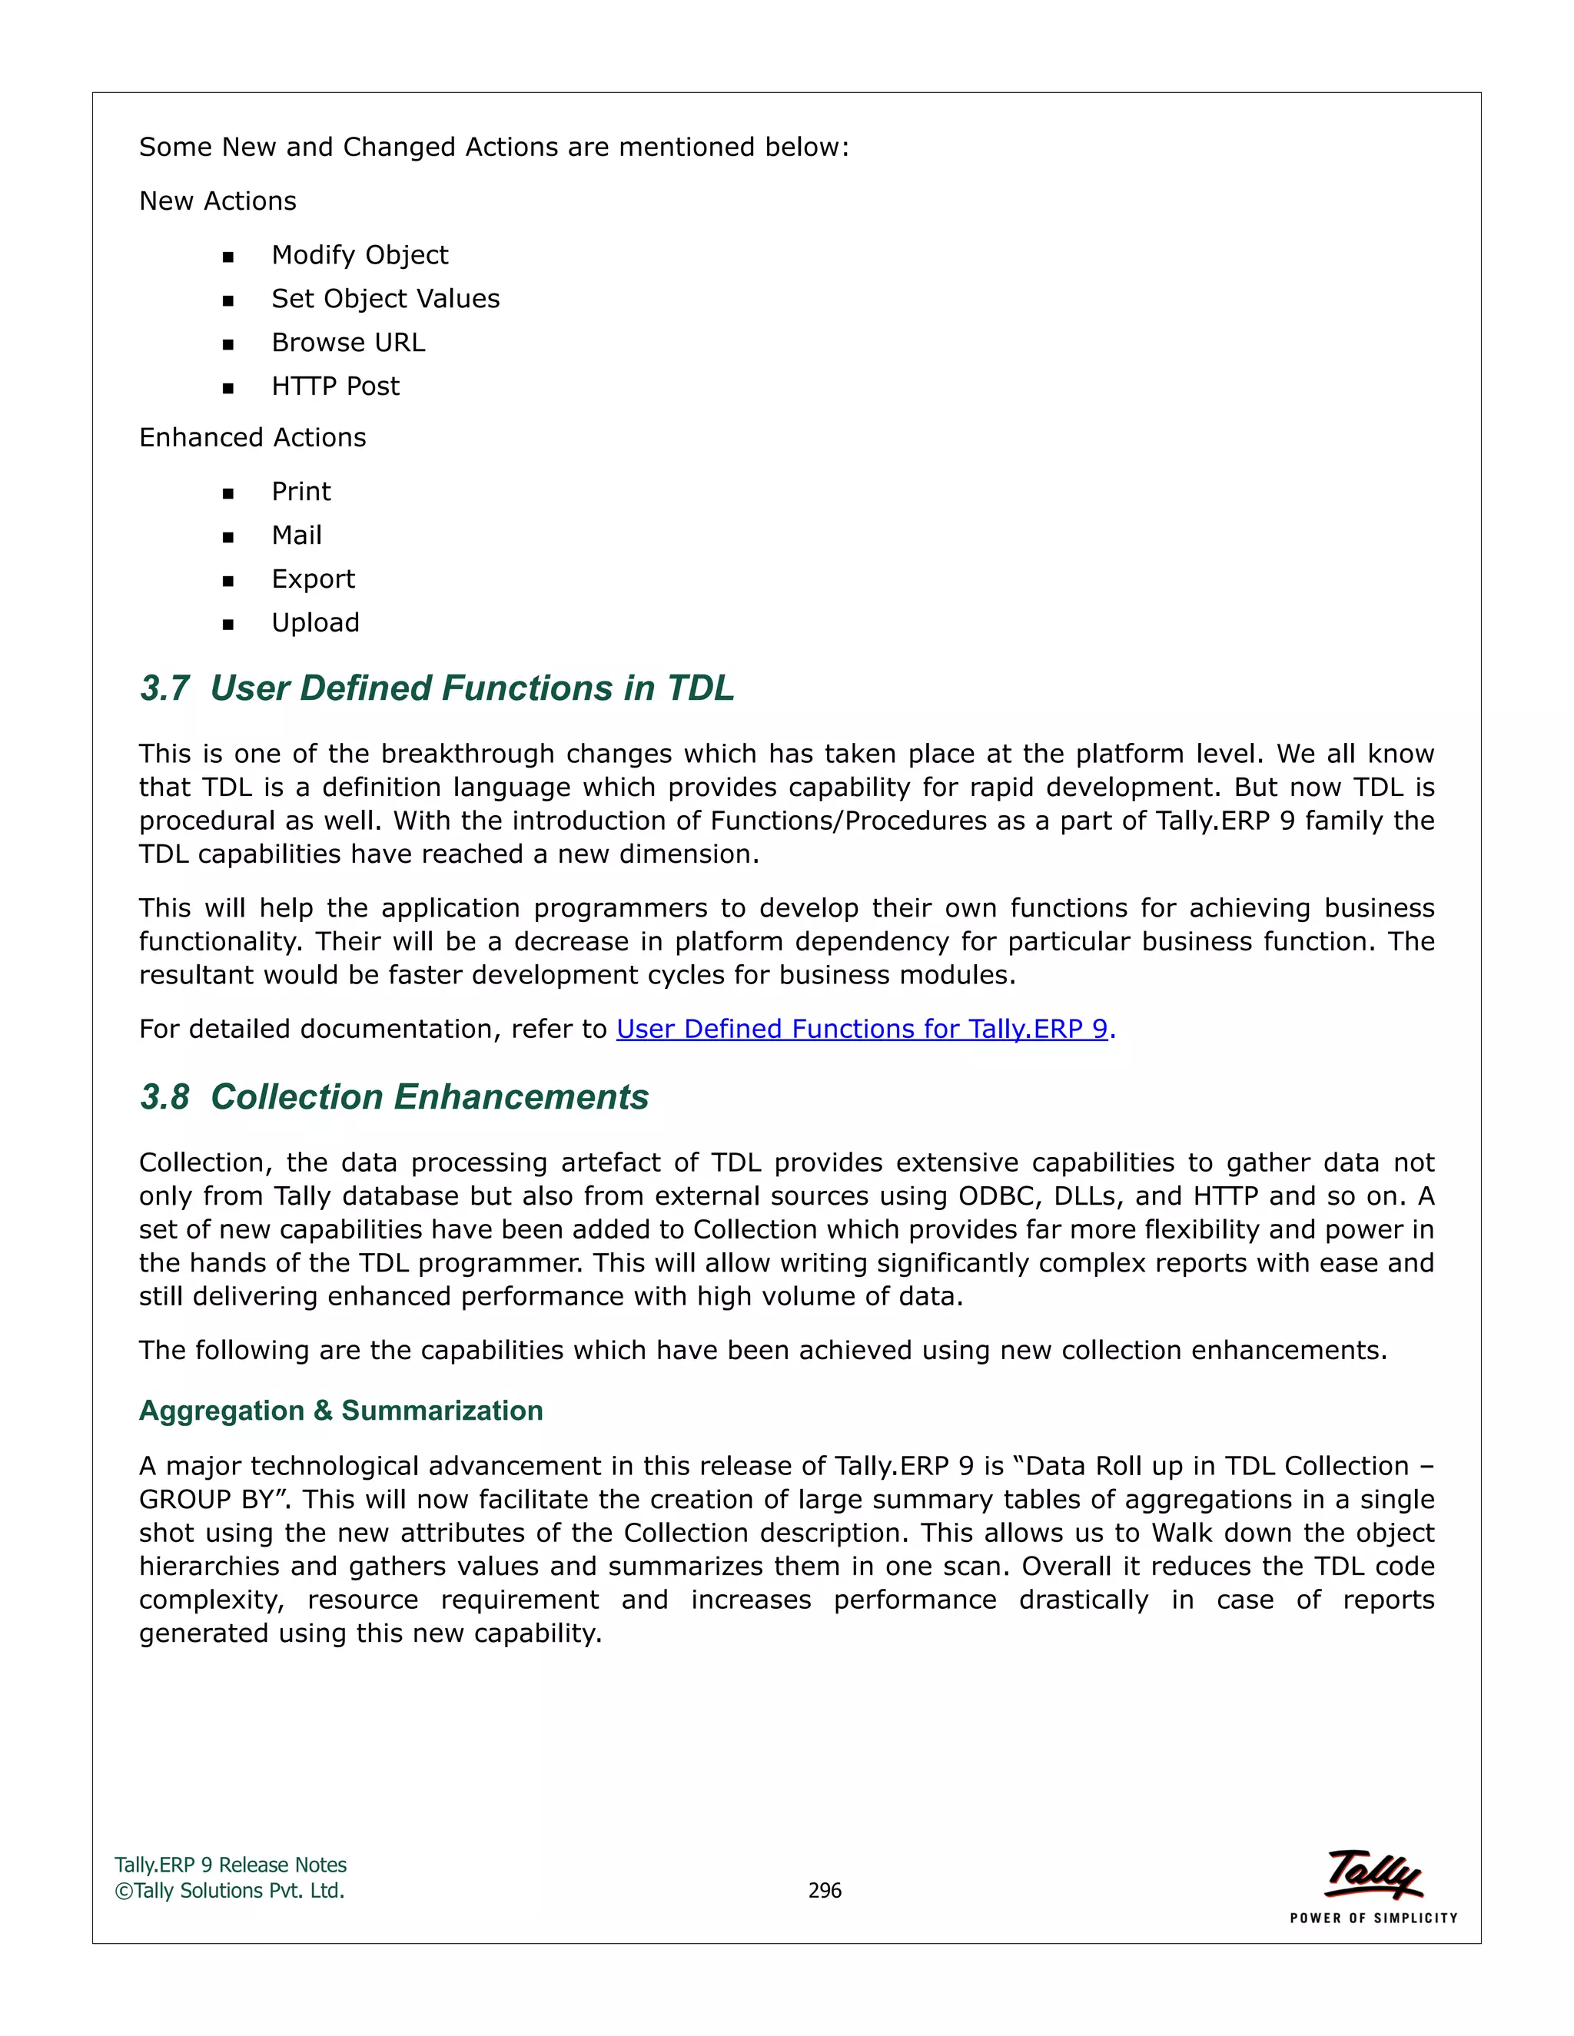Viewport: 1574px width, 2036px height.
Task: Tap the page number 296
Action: tap(825, 1891)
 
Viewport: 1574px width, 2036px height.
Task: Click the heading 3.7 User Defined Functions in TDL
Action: tap(437, 688)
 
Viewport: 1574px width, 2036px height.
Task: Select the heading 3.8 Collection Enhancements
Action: tap(393, 1096)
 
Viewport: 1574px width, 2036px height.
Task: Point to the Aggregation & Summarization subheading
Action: tap(340, 1411)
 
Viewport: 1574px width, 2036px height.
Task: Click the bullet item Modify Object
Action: tap(359, 254)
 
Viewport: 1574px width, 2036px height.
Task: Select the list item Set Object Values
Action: tap(385, 298)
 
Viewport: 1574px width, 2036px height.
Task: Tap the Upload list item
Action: tap(315, 623)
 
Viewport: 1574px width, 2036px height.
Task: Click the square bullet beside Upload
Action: tap(228, 625)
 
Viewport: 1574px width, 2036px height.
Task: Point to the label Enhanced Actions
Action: tap(252, 437)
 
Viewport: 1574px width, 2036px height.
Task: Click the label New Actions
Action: tap(218, 201)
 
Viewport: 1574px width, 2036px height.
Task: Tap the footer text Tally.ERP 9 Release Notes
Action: tap(231, 1865)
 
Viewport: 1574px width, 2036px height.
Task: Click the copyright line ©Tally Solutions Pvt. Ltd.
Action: tap(229, 1891)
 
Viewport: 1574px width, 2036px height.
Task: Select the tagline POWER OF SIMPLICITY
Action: tap(1373, 1918)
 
